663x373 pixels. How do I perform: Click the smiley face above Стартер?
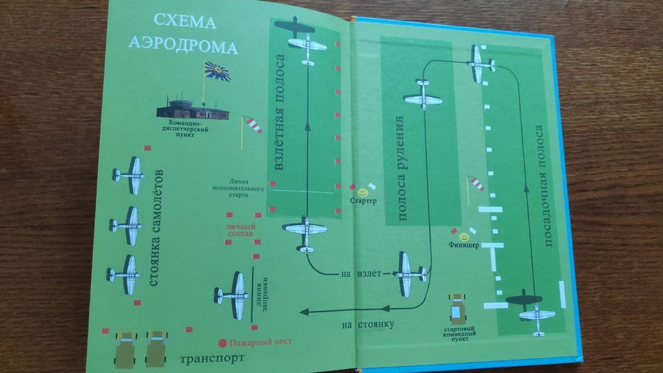tap(362, 191)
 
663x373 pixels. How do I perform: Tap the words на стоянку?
tap(368, 324)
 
